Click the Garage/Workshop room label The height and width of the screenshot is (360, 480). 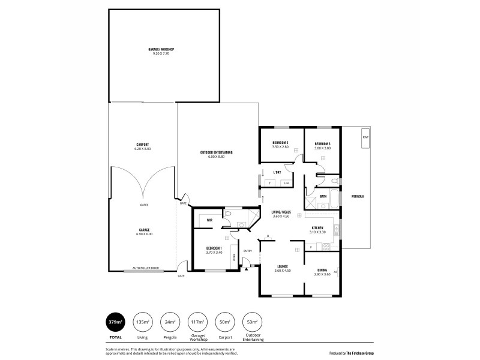pos(164,49)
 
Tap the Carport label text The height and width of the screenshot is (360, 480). pos(142,145)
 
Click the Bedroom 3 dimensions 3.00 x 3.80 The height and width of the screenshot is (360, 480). pos(323,147)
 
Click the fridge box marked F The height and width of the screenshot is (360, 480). pos(311,246)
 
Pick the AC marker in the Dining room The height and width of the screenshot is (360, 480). pos(335,272)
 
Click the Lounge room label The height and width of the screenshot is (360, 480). pos(282,266)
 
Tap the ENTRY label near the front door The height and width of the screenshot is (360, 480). pos(248,251)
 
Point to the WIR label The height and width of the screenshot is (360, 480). pos(209,220)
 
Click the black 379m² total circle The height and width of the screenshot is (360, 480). pos(116,323)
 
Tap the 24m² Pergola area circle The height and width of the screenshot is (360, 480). pos(170,323)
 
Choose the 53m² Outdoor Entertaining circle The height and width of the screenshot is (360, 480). pos(253,323)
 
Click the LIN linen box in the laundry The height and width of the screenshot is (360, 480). pos(286,183)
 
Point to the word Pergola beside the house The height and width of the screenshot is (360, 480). pos(358,196)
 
